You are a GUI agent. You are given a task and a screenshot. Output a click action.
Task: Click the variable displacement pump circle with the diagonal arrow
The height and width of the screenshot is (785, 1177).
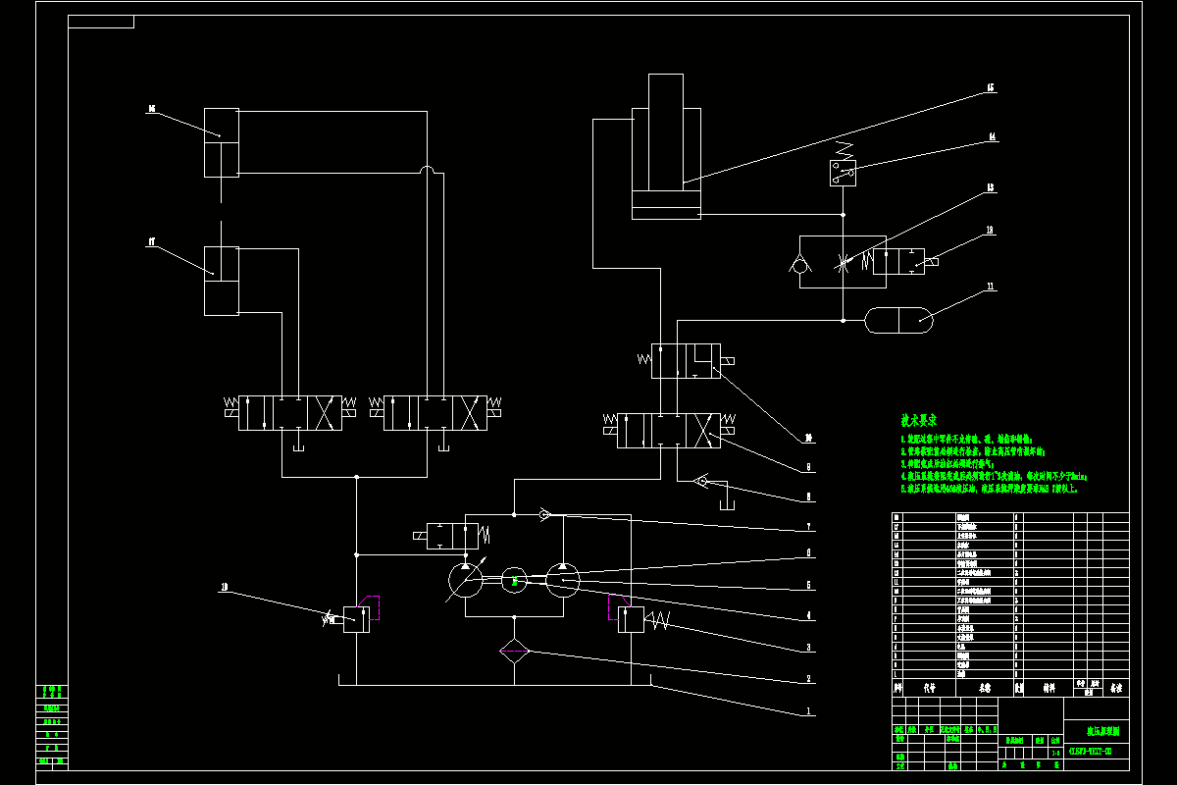[465, 582]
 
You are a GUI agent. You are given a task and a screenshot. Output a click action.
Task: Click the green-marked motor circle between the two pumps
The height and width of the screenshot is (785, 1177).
[514, 582]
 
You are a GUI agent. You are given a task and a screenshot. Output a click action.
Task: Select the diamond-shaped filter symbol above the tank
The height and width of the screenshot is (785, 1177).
[514, 652]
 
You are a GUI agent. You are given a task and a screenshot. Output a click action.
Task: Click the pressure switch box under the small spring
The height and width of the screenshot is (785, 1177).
[843, 173]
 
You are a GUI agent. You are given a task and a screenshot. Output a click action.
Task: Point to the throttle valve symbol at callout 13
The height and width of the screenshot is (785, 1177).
[843, 262]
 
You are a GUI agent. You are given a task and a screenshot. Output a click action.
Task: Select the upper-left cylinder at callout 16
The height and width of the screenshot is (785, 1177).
[222, 142]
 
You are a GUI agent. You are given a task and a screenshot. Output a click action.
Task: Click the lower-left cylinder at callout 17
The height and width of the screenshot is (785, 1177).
[222, 281]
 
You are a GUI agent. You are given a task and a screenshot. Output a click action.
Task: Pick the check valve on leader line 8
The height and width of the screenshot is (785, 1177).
[698, 482]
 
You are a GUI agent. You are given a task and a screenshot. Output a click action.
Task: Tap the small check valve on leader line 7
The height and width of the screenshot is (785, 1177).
[545, 513]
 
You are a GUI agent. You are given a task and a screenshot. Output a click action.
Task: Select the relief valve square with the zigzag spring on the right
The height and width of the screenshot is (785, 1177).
[631, 619]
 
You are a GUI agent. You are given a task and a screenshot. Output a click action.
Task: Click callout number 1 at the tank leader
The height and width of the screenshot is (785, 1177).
[808, 710]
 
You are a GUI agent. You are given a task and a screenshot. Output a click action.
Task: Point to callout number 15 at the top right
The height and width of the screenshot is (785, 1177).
[991, 88]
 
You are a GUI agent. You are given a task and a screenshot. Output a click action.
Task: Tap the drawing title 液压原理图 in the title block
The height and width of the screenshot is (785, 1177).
[1102, 731]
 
